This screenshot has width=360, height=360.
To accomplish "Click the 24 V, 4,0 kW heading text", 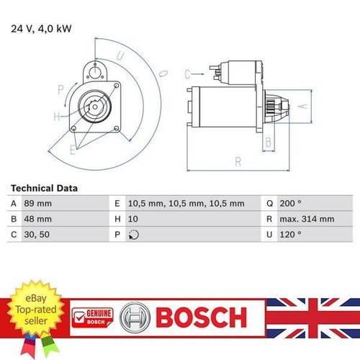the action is click(41, 29).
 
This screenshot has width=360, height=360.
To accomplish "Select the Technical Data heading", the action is click(44, 188).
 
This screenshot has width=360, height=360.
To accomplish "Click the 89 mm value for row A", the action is click(37, 204).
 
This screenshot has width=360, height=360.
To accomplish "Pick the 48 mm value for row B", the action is click(37, 219).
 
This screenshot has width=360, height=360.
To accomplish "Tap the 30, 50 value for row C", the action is click(37, 235).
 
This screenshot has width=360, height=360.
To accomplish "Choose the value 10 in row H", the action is click(133, 219).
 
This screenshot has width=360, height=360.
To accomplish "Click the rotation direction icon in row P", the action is click(134, 235).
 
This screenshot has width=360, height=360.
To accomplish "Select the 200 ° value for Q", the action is click(290, 204).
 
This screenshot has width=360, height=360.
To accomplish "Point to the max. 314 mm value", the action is click(307, 219).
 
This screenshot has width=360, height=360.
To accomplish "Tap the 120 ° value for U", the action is click(290, 234).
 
